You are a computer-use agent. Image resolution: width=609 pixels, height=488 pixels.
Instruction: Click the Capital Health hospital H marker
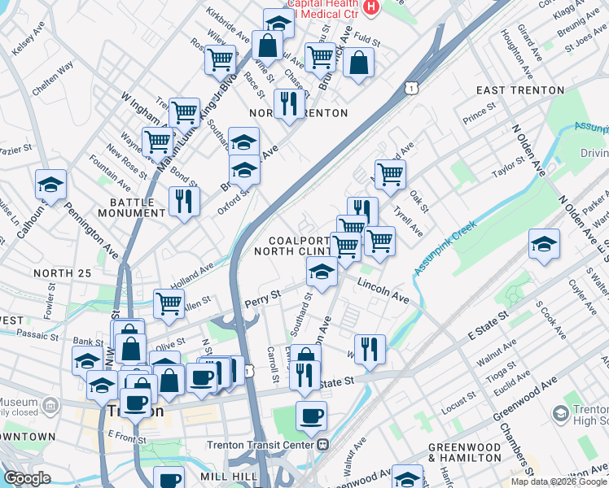372,7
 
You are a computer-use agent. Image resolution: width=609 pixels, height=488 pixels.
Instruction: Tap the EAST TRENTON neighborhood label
520,90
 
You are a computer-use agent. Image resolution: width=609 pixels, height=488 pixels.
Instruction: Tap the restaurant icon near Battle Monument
184,201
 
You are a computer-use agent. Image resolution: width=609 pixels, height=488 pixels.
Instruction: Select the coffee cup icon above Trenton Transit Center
310,416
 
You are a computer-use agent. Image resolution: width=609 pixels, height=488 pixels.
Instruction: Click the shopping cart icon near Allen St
169,303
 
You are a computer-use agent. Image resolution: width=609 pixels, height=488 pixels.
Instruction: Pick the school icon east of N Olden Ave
543,245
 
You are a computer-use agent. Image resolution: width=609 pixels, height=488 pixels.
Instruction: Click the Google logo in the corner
28,478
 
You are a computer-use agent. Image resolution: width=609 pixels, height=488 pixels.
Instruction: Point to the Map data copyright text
559,481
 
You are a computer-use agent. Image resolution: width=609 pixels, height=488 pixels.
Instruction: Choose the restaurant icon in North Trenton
288,104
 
